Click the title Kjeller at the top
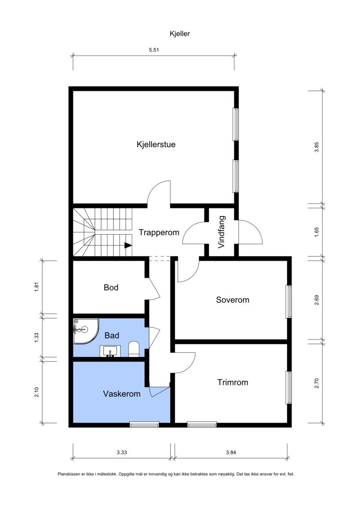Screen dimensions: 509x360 click(180, 33)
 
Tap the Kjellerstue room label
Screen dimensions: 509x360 click(156, 144)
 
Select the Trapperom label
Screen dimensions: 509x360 click(159, 233)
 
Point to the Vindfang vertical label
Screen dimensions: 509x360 click(221, 233)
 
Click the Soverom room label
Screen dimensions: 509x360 click(232, 300)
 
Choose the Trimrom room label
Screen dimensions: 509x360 click(233, 383)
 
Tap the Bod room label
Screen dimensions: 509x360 click(111, 287)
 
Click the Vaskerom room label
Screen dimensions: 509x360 click(121, 394)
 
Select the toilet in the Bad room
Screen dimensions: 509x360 click(134, 349)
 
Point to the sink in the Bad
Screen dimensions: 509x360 click(109, 351)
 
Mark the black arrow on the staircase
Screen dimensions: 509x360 click(128, 245)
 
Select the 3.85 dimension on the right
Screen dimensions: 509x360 click(316, 148)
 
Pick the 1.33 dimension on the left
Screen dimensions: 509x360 click(37, 337)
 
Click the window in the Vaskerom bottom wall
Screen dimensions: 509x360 click(144, 424)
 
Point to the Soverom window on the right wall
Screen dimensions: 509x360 click(289, 302)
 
